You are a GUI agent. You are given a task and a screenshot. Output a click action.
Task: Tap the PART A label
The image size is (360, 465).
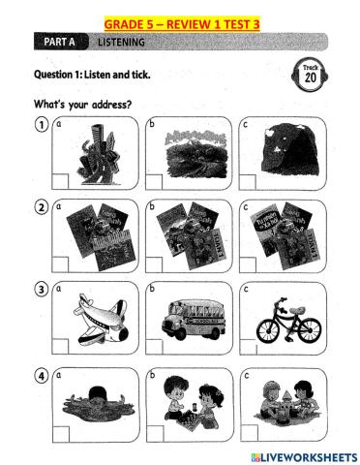click(61, 42)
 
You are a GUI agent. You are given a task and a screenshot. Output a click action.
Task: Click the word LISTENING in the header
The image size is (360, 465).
click(121, 43)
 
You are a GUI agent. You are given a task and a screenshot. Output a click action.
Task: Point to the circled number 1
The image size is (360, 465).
click(42, 124)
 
